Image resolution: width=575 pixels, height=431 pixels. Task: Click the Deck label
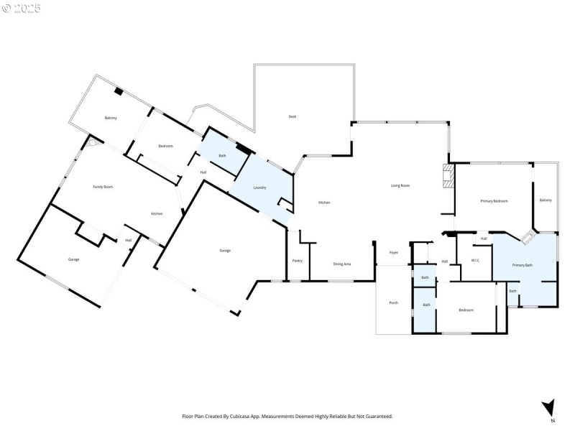tap(292, 116)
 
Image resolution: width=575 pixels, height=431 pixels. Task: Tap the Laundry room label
tap(260, 188)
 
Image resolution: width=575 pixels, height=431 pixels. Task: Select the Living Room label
tap(400, 186)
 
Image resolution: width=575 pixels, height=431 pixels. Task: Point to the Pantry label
tap(297, 260)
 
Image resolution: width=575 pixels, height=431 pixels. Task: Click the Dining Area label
tap(342, 264)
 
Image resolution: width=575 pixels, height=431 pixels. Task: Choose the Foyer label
tap(394, 253)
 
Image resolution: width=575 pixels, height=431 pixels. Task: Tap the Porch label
tap(393, 302)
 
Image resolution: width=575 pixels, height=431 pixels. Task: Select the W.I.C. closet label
tap(475, 260)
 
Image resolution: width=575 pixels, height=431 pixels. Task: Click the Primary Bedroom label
tap(494, 201)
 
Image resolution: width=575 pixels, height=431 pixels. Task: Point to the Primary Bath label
tap(523, 266)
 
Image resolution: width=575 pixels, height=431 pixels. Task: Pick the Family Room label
tap(103, 187)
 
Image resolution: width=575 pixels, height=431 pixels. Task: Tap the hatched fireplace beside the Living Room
tap(448, 176)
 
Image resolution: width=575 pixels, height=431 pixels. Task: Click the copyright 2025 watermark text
tap(22, 9)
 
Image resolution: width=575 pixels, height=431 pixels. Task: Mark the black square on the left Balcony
tap(119, 91)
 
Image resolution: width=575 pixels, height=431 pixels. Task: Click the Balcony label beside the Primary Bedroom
tap(546, 200)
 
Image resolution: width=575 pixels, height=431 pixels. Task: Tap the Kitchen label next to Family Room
tap(156, 214)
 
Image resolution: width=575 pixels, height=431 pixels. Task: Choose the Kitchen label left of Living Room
tap(324, 203)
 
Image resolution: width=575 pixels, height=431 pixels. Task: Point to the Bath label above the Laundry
tap(223, 156)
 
